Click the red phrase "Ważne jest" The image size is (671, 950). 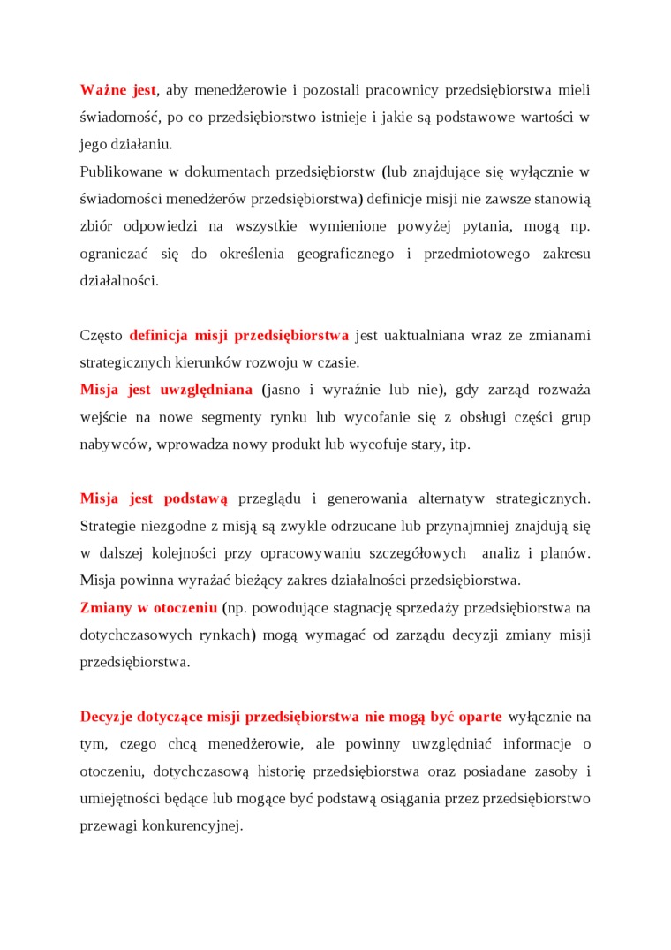pos(118,90)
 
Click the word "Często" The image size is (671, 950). pos(102,336)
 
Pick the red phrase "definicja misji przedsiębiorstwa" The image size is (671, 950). pos(238,336)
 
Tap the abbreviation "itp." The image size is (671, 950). pos(460,445)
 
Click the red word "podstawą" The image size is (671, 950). pos(196,499)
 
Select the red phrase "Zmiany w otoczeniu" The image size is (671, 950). pos(148,608)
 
